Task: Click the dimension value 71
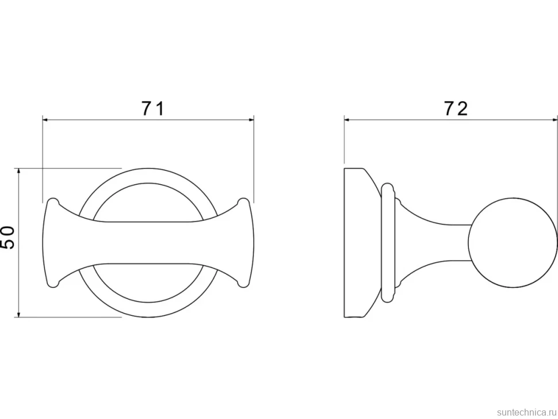[x=153, y=109]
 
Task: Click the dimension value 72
[x=456, y=109]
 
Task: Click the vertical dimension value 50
[x=7, y=238]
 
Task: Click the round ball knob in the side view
[x=513, y=242]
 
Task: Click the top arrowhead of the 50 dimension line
[x=19, y=172]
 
